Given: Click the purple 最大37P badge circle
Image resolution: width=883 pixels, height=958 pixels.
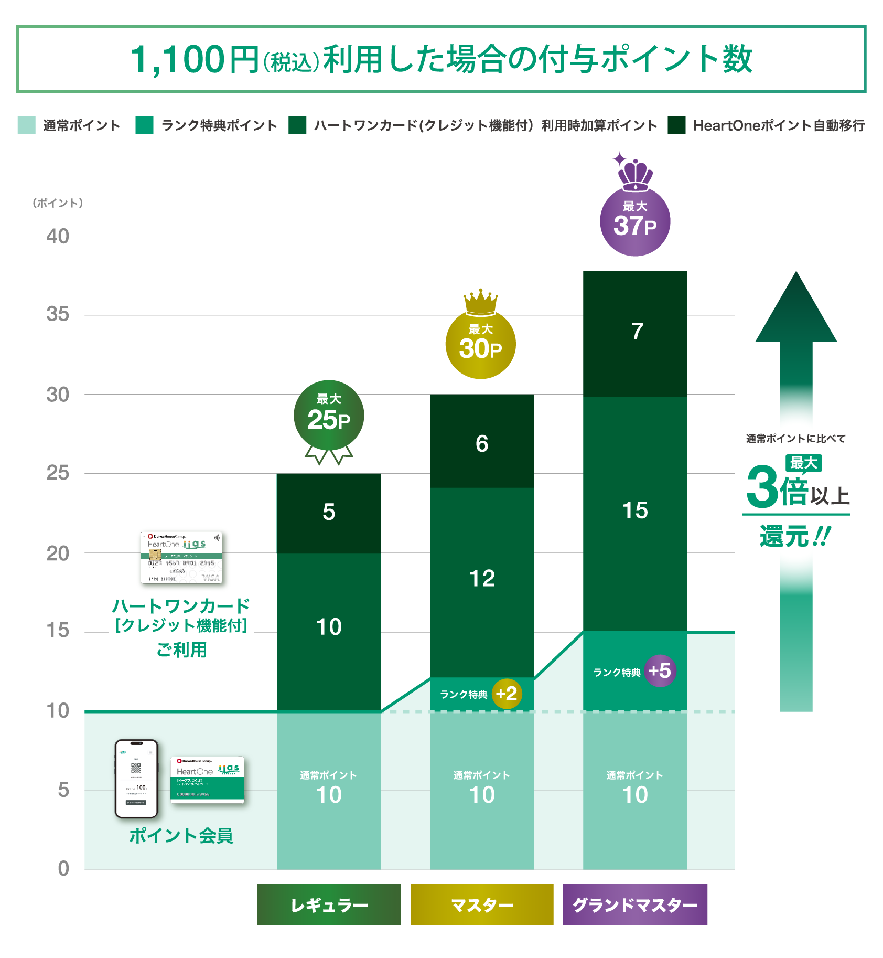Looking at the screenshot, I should (x=634, y=221).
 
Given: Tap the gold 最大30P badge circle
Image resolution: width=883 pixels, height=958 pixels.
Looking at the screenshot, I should (x=480, y=344).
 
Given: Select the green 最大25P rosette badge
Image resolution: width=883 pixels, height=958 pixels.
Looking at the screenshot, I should (x=329, y=416).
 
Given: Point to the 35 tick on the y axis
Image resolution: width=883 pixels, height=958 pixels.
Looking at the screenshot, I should (x=58, y=314).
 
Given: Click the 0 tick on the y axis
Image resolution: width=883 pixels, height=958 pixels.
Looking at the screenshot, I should (x=63, y=868).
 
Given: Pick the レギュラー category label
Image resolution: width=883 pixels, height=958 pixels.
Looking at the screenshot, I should (x=329, y=904).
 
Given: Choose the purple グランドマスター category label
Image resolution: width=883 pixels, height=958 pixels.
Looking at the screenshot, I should (x=635, y=904).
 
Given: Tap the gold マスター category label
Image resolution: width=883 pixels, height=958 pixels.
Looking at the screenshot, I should (x=481, y=904).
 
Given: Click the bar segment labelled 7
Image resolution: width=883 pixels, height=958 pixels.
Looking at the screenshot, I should (x=635, y=333).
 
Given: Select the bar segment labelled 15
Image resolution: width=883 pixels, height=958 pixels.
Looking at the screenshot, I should (x=635, y=512).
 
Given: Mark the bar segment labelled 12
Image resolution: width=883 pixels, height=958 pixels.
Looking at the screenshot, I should (x=482, y=580).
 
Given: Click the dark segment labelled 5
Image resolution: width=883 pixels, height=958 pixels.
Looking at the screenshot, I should (x=329, y=513).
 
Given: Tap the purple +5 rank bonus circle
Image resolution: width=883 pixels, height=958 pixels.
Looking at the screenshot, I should (x=660, y=670).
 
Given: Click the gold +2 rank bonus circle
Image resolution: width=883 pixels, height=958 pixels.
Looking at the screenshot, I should (x=507, y=694).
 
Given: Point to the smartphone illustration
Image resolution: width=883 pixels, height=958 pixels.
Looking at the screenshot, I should (x=136, y=779).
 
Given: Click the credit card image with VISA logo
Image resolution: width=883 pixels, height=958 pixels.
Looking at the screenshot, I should (x=181, y=557).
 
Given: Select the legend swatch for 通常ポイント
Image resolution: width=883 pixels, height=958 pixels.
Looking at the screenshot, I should (x=26, y=125).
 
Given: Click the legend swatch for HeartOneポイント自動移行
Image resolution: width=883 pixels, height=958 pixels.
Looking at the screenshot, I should (x=676, y=125).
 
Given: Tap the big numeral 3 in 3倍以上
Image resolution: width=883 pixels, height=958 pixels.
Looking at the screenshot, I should (x=762, y=487).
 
